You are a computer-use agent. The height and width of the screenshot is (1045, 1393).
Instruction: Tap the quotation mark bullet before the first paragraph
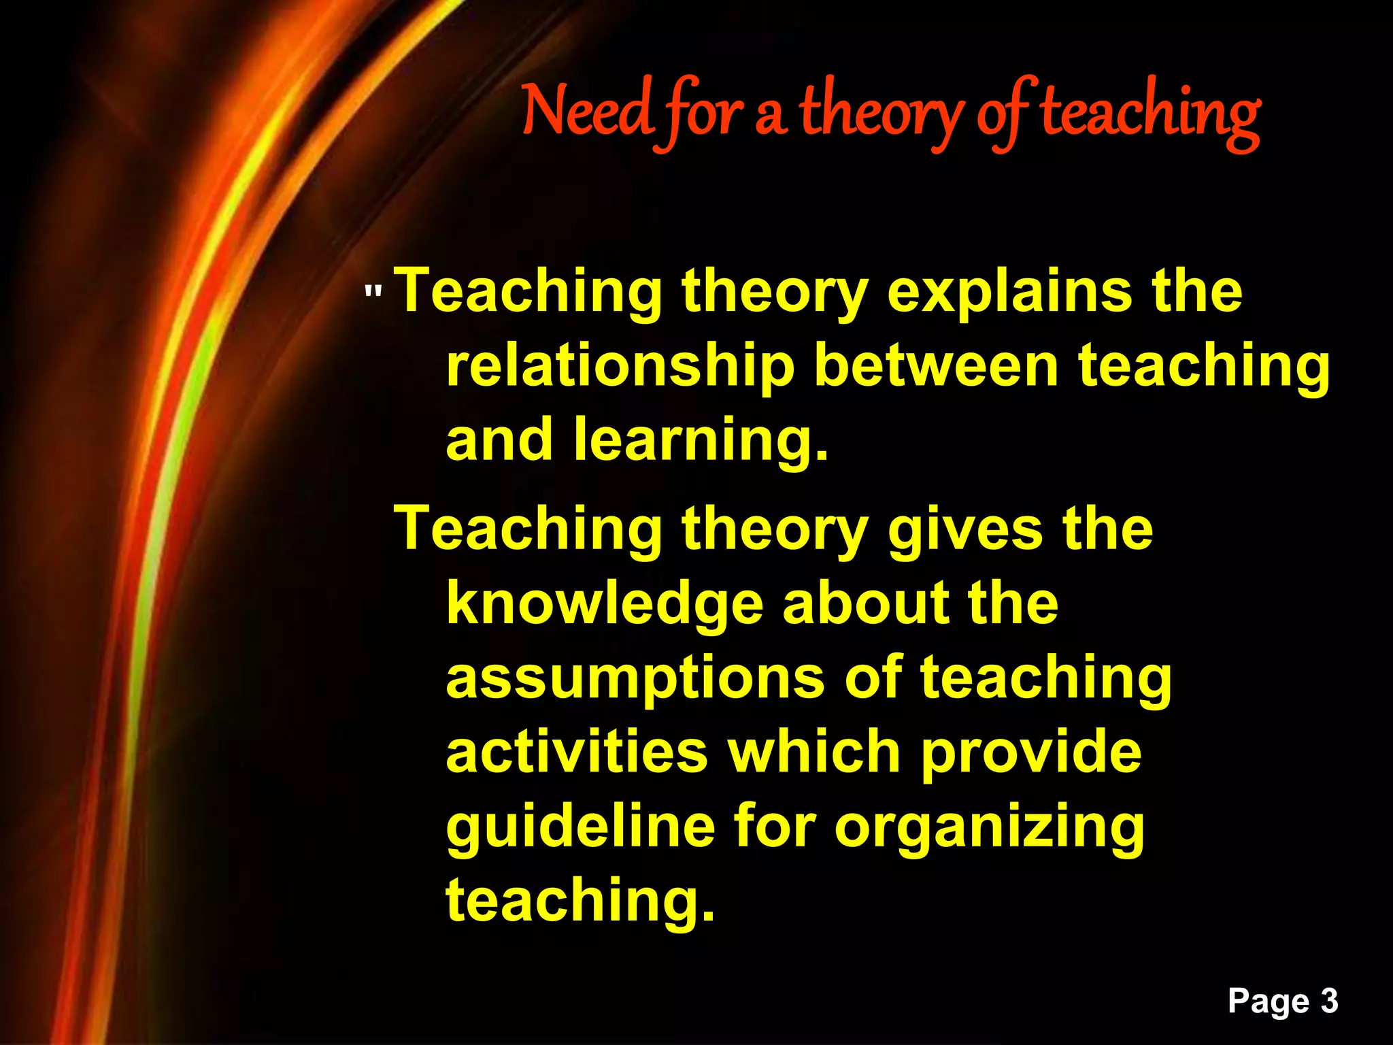pyautogui.click(x=373, y=293)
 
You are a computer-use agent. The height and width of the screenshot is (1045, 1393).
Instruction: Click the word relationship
pyautogui.click(x=620, y=367)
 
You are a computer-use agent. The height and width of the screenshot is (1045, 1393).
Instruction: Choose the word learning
pyautogui.click(x=701, y=440)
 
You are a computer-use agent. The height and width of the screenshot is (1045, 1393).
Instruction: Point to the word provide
pyautogui.click(x=1031, y=753)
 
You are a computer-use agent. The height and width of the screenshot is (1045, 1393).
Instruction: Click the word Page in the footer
pyautogui.click(x=1269, y=1001)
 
